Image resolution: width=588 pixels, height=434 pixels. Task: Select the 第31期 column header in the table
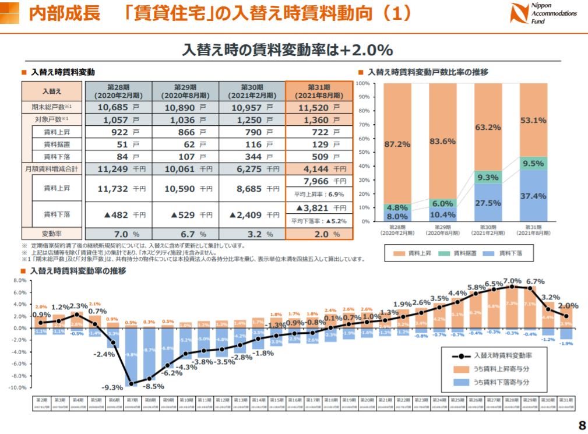[x=319, y=91]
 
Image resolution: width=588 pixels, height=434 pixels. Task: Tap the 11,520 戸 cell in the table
[x=319, y=108]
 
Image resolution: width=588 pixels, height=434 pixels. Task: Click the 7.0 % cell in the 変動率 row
[x=119, y=234]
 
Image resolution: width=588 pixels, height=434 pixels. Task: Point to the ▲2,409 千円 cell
[x=252, y=214]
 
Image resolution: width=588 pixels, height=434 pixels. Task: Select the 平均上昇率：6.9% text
[x=319, y=194]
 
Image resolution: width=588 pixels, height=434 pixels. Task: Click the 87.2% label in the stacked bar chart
[x=397, y=143]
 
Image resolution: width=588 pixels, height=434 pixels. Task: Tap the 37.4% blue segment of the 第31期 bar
[x=533, y=196]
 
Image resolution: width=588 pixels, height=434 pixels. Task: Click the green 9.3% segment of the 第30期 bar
[x=487, y=177]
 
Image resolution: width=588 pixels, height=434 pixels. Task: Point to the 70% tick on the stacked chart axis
[x=362, y=125]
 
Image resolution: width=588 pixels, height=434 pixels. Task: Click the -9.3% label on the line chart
[x=112, y=387]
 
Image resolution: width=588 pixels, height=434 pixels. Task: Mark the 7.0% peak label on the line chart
[x=512, y=280]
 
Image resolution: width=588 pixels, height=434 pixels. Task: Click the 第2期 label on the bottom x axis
[x=42, y=401]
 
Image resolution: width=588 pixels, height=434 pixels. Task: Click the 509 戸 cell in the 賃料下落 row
[x=319, y=156]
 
